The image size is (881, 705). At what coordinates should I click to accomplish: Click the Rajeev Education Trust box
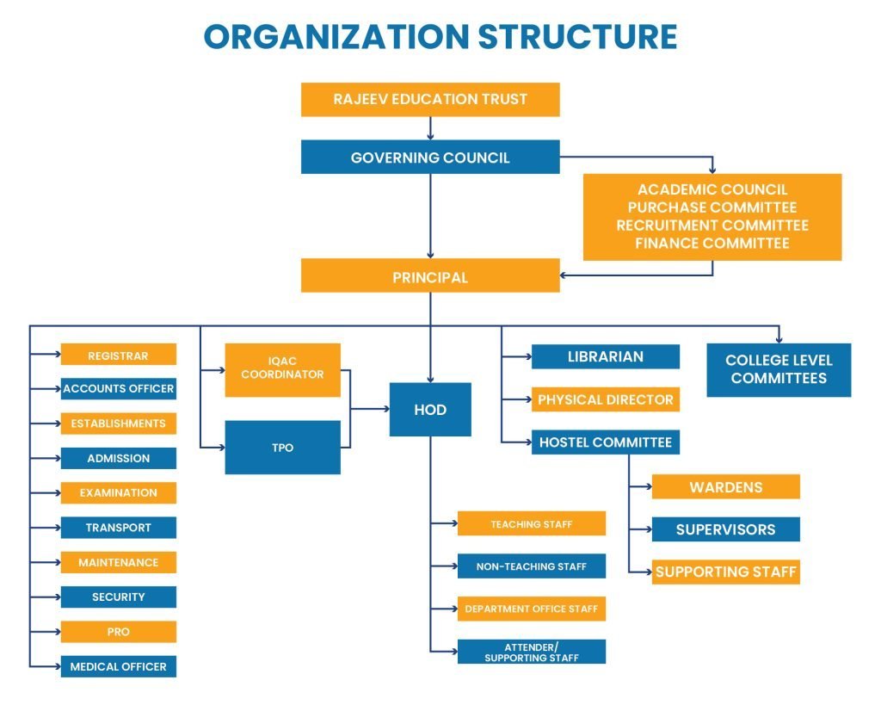click(x=430, y=99)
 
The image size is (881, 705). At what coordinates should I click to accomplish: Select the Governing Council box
click(x=430, y=158)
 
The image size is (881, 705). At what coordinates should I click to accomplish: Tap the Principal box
click(x=430, y=277)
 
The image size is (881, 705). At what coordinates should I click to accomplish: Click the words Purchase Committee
click(x=712, y=207)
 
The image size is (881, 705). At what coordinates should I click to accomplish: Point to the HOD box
click(x=430, y=410)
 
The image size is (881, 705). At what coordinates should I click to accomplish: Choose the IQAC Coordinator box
click(x=282, y=370)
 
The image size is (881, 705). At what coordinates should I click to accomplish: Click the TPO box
click(x=282, y=448)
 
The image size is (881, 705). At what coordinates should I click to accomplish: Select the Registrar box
click(x=118, y=356)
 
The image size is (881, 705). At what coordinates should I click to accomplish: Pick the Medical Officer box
click(x=118, y=666)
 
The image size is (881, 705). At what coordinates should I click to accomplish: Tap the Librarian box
click(x=605, y=356)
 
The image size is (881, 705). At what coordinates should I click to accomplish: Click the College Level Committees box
click(x=779, y=369)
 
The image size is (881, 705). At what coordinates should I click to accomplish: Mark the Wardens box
click(x=725, y=487)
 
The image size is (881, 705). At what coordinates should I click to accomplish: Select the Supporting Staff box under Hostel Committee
click(x=725, y=572)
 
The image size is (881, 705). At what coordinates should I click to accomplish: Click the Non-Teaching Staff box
click(x=531, y=566)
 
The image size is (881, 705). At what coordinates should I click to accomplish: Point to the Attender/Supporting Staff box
click(x=531, y=652)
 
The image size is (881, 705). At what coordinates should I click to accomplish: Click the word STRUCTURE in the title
click(x=577, y=37)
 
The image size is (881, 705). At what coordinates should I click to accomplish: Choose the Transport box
click(x=118, y=528)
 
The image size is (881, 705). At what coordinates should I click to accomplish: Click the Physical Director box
click(x=605, y=399)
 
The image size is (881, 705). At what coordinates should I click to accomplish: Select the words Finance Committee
click(x=712, y=244)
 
